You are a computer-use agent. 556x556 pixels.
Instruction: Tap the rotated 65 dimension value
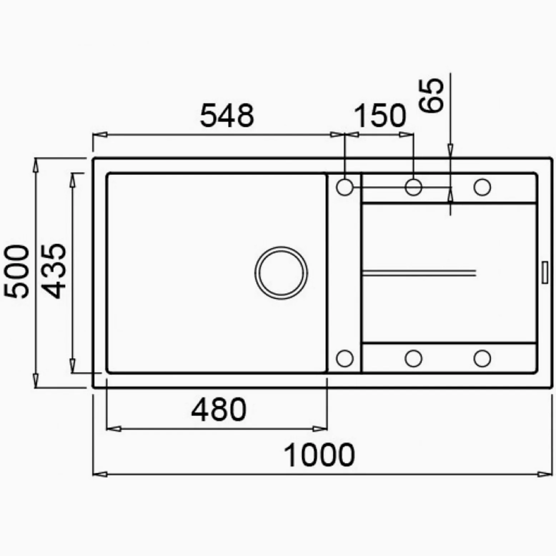(x=431, y=95)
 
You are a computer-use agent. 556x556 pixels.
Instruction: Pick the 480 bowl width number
(x=219, y=409)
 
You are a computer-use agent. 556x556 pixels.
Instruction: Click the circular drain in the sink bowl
(x=281, y=273)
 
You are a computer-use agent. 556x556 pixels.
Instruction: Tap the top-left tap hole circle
(x=345, y=187)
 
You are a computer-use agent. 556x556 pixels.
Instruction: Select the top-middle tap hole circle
(x=413, y=187)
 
